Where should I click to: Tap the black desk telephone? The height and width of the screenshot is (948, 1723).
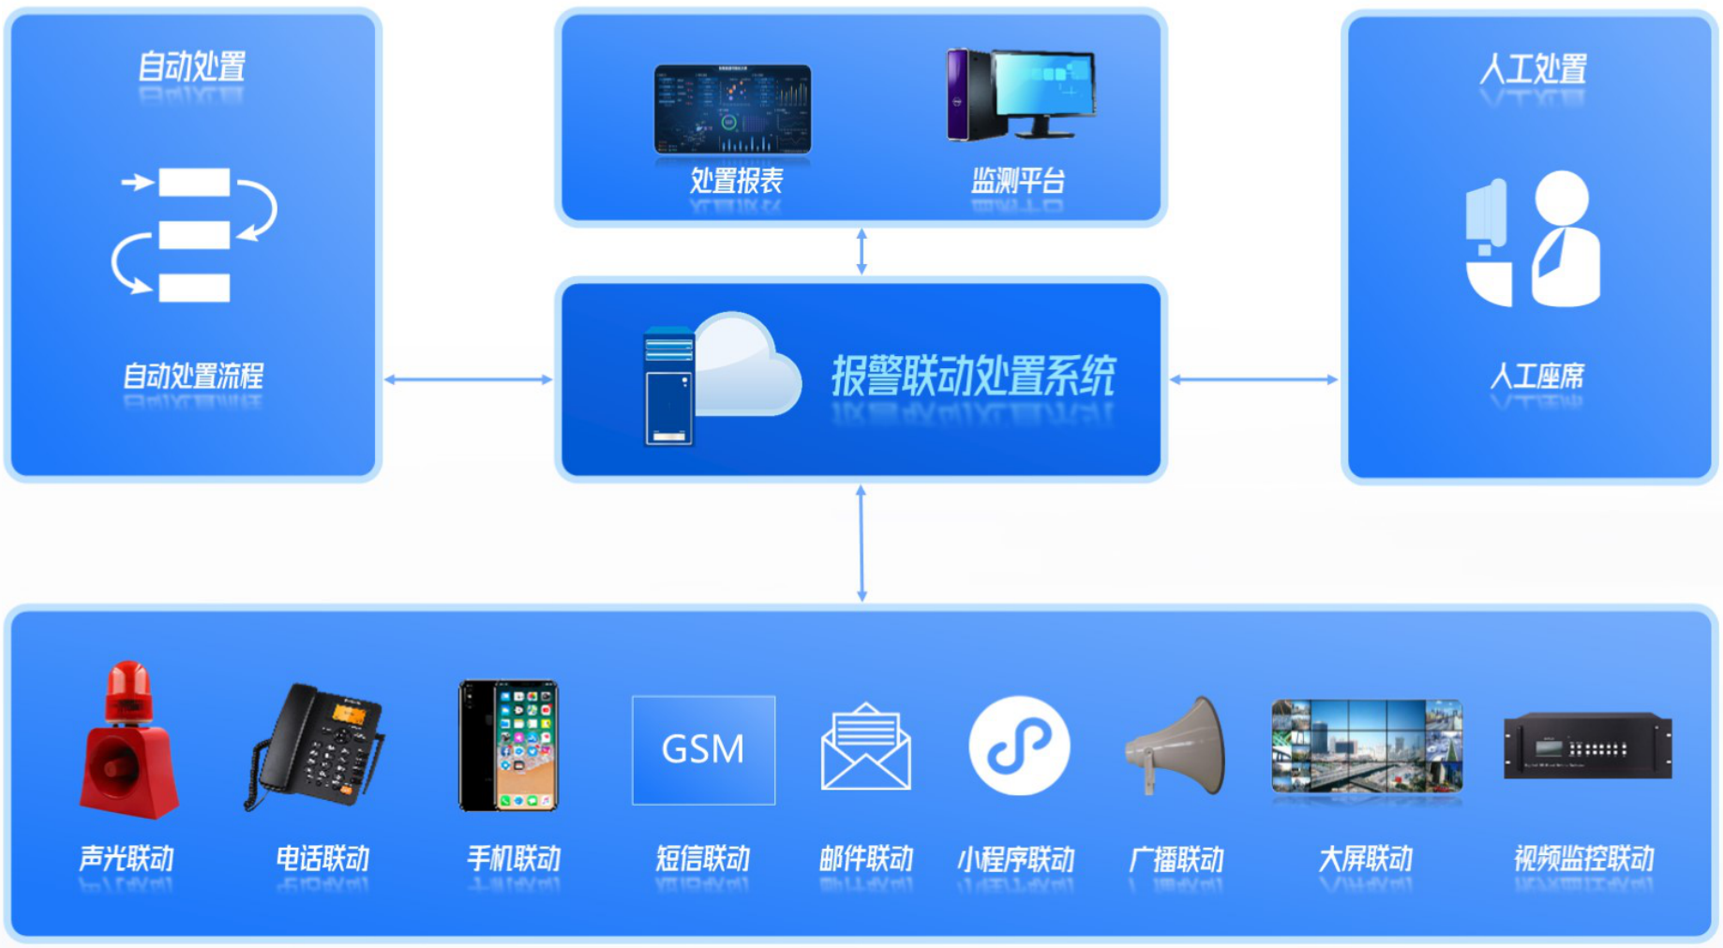[317, 747]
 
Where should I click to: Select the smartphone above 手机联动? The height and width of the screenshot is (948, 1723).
[508, 746]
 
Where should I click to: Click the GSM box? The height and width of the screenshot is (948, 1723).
[703, 749]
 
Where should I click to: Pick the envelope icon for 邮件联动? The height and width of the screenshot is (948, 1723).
[865, 748]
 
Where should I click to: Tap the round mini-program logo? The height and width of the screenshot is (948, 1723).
[1019, 746]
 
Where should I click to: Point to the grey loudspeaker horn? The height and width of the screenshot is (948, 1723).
[1177, 747]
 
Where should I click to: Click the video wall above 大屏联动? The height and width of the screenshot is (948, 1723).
[1366, 746]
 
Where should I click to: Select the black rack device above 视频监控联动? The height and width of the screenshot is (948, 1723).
[1587, 747]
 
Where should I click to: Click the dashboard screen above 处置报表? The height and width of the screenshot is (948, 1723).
[732, 109]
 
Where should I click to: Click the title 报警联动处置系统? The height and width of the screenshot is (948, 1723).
[973, 377]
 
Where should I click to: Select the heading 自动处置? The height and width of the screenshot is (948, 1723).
[192, 67]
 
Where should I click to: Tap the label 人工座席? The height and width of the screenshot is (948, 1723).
[1536, 377]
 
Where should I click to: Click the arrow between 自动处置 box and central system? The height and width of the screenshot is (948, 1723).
[468, 379]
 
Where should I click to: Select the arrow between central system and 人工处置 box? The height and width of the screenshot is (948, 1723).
[1253, 379]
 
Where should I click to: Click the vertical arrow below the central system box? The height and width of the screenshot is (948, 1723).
[861, 543]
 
